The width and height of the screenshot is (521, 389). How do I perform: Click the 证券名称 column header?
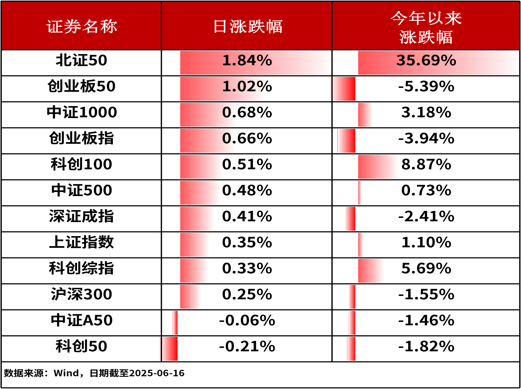pos(81,26)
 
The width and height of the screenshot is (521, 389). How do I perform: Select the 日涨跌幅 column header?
pos(248,26)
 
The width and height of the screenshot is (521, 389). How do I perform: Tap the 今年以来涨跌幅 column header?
pos(426,27)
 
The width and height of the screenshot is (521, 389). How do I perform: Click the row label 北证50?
pos(81,60)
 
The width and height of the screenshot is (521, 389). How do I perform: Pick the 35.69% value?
pos(426,60)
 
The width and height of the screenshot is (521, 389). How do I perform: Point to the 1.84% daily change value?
pos(247,60)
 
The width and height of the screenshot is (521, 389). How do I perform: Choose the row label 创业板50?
pos(81,86)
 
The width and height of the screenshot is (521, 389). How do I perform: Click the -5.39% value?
pos(426,86)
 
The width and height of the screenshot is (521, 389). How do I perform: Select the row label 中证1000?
pos(82,112)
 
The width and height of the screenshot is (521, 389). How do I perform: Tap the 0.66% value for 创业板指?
pos(247,138)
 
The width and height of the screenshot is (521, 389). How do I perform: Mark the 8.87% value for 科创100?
pos(426,164)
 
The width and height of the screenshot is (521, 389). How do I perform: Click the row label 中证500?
pos(82,190)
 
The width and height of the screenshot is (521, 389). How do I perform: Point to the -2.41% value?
pos(426,216)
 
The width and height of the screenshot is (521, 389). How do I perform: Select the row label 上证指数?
pos(81,242)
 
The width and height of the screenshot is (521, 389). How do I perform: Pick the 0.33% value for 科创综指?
pos(247,268)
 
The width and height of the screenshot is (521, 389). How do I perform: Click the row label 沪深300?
pos(82,294)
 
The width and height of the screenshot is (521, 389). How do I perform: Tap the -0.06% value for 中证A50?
pos(247,320)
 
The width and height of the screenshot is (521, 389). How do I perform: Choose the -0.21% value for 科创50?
pos(247,346)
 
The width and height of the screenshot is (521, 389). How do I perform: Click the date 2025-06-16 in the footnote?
pos(157,373)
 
